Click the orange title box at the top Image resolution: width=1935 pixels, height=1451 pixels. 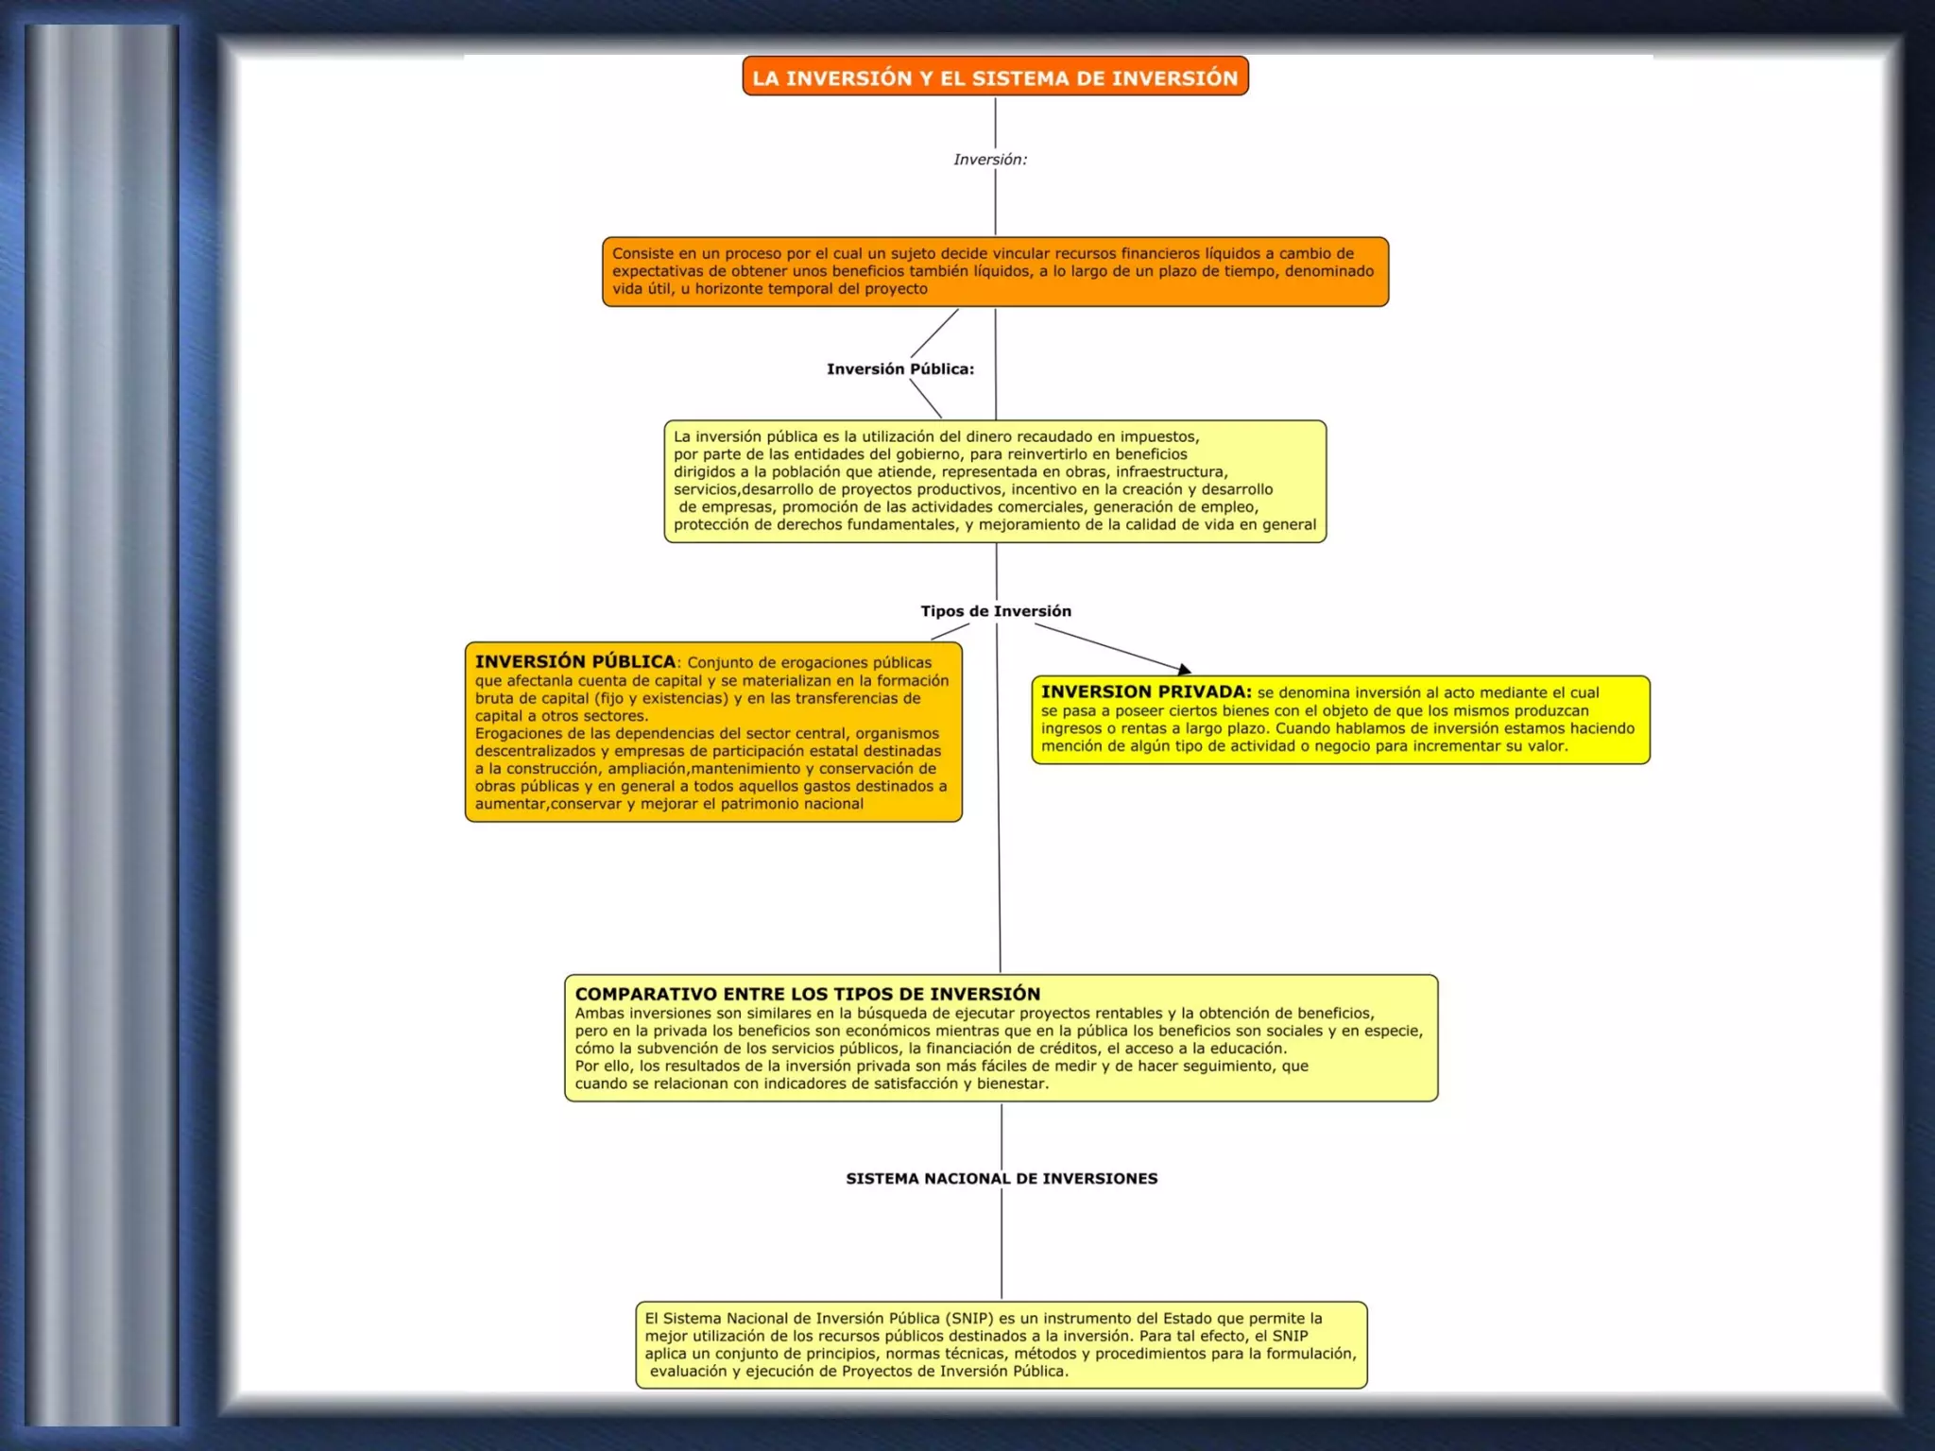point(995,77)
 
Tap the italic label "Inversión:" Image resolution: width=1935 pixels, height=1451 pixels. point(989,160)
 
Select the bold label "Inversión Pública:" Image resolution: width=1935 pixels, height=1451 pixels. point(899,369)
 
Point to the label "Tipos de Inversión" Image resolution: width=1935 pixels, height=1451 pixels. point(996,611)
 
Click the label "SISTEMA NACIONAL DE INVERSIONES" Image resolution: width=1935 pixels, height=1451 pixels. point(1002,1179)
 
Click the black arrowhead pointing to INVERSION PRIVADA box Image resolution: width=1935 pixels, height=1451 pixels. point(1184,670)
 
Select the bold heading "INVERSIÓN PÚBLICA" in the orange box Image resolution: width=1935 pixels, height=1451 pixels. point(574,661)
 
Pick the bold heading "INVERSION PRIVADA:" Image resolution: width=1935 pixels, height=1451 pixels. point(1146,691)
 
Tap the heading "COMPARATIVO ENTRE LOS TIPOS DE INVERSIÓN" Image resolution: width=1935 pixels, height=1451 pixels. point(807,994)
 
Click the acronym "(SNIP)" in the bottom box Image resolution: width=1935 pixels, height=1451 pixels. point(970,1319)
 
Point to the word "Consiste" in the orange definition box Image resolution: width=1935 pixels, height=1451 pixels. point(642,253)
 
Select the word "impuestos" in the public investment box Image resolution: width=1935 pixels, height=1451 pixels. point(1160,436)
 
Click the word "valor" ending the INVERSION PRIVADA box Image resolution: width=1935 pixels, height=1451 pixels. point(1547,746)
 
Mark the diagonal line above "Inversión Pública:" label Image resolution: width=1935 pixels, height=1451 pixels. point(934,333)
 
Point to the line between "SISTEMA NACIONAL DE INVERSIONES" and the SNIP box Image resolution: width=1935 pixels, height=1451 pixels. point(1002,1247)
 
